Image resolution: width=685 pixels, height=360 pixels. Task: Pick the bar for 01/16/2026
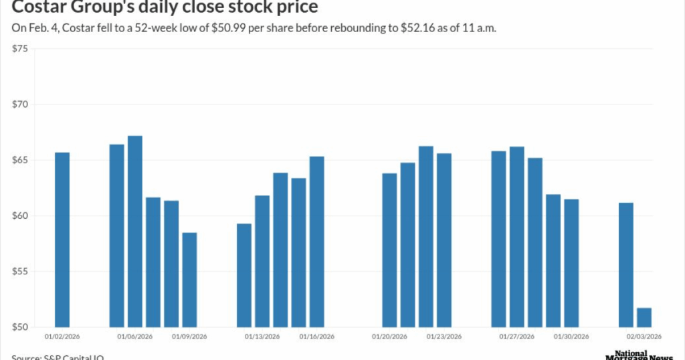[x=316, y=242]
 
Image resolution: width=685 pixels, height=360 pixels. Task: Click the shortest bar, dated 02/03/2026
[x=644, y=317]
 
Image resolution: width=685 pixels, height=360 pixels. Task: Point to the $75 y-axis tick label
[x=21, y=49]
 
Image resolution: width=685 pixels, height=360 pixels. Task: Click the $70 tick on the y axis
[x=21, y=104]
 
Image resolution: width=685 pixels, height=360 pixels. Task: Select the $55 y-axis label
[x=21, y=272]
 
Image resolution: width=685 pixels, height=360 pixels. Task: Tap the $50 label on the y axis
[x=21, y=327]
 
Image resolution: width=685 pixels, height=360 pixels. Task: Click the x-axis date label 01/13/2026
[x=262, y=337]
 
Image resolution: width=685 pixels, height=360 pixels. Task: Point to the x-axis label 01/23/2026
[x=444, y=337]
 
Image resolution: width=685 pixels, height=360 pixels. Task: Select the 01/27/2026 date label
[x=516, y=337]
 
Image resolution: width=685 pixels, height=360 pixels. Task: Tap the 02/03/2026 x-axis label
[x=644, y=337]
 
